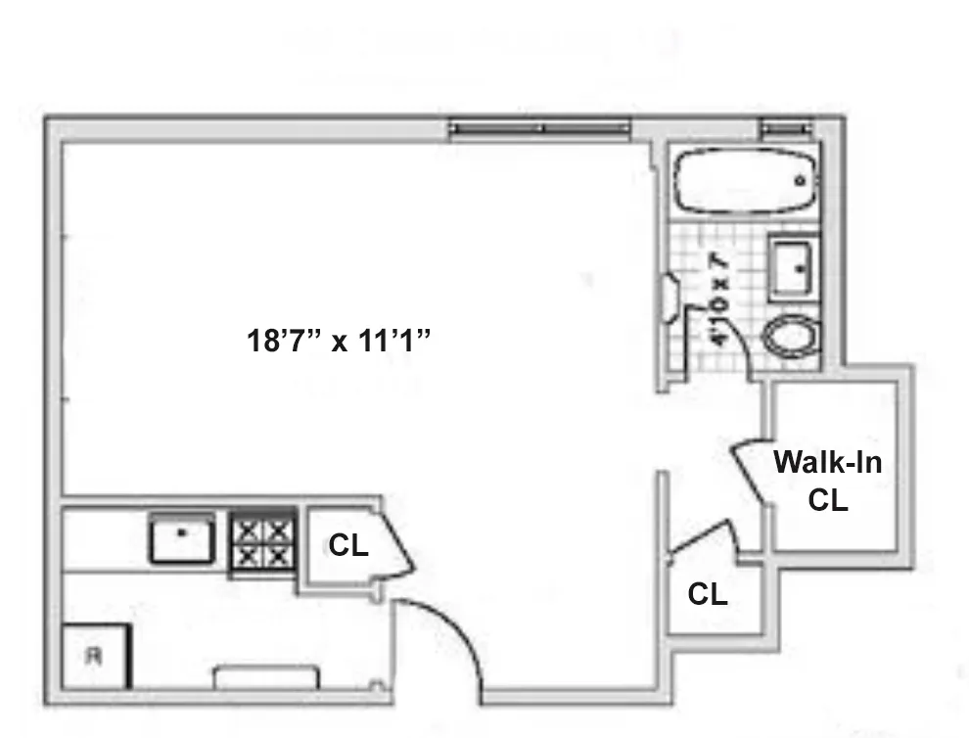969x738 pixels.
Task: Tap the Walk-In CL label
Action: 827,480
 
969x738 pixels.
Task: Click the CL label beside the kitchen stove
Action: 347,546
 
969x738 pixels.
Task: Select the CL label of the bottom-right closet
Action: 707,594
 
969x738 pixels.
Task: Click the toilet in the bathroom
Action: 792,339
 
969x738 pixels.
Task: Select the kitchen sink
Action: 182,537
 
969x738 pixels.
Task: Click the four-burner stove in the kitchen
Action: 262,543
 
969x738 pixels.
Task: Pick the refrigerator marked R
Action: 95,657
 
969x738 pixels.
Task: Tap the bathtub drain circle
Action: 800,182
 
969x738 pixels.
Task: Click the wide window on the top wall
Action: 539,128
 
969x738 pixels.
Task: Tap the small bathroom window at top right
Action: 787,128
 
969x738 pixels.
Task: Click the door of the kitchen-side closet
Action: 395,543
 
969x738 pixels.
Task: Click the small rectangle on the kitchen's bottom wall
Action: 266,677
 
